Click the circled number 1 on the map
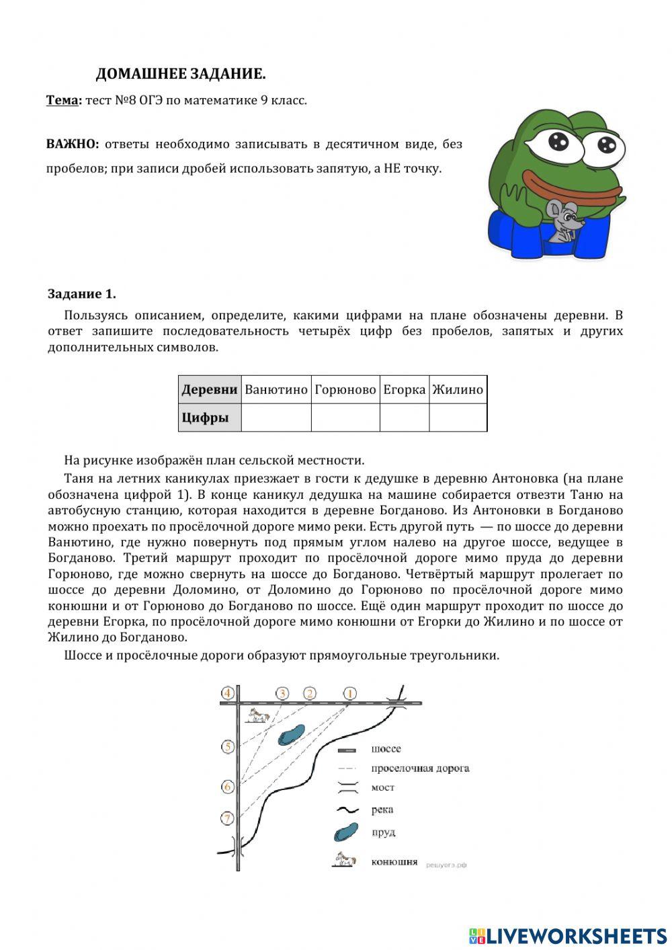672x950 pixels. [349, 693]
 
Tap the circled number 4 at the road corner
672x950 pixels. [228, 693]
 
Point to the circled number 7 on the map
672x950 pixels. [228, 818]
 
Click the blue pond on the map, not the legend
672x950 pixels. [292, 735]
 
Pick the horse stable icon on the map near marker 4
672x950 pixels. [257, 715]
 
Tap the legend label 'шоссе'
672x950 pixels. [386, 749]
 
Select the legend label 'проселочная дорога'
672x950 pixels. [420, 768]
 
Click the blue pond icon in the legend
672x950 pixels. [346, 833]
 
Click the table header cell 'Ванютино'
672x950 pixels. [276, 390]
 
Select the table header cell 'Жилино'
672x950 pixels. [458, 390]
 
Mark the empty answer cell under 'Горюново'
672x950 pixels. [345, 418]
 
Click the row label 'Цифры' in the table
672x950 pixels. [206, 418]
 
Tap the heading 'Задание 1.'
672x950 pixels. [82, 294]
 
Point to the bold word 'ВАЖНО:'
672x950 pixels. [73, 144]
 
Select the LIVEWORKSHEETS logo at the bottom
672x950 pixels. [568, 935]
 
